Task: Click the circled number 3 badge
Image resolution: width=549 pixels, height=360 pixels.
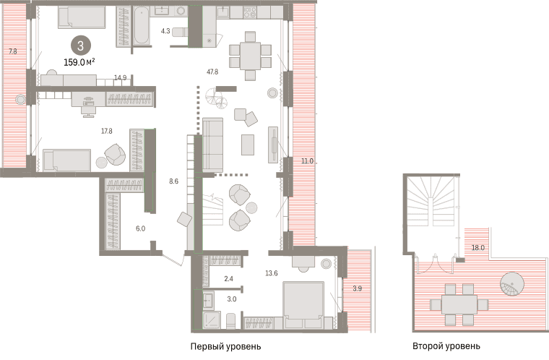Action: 81,46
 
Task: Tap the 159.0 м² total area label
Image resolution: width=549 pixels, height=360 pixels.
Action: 79,63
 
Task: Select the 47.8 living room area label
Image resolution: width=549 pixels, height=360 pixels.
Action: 212,72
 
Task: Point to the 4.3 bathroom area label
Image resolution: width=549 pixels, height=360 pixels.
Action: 165,31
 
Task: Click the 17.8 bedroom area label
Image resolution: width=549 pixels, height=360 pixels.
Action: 107,131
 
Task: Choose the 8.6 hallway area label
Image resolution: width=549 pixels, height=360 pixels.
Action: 173,181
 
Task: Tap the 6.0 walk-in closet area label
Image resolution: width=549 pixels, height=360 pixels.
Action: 140,228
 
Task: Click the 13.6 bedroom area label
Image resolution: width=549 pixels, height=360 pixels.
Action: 272,273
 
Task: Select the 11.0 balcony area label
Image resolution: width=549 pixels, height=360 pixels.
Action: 307,161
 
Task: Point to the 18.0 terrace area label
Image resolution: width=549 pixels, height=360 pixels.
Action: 478,248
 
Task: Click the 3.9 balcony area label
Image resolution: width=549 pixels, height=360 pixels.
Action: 357,288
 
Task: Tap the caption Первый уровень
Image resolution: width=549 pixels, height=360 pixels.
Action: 226,347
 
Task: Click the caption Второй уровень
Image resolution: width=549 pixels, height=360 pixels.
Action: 446,346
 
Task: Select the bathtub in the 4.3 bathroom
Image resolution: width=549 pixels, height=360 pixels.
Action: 142,26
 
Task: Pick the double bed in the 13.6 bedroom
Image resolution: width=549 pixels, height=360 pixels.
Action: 303,305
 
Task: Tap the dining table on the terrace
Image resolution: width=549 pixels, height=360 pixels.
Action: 459,304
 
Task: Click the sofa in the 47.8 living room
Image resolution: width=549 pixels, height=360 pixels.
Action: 212,145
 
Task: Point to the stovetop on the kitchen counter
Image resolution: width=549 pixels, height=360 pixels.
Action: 251,12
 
